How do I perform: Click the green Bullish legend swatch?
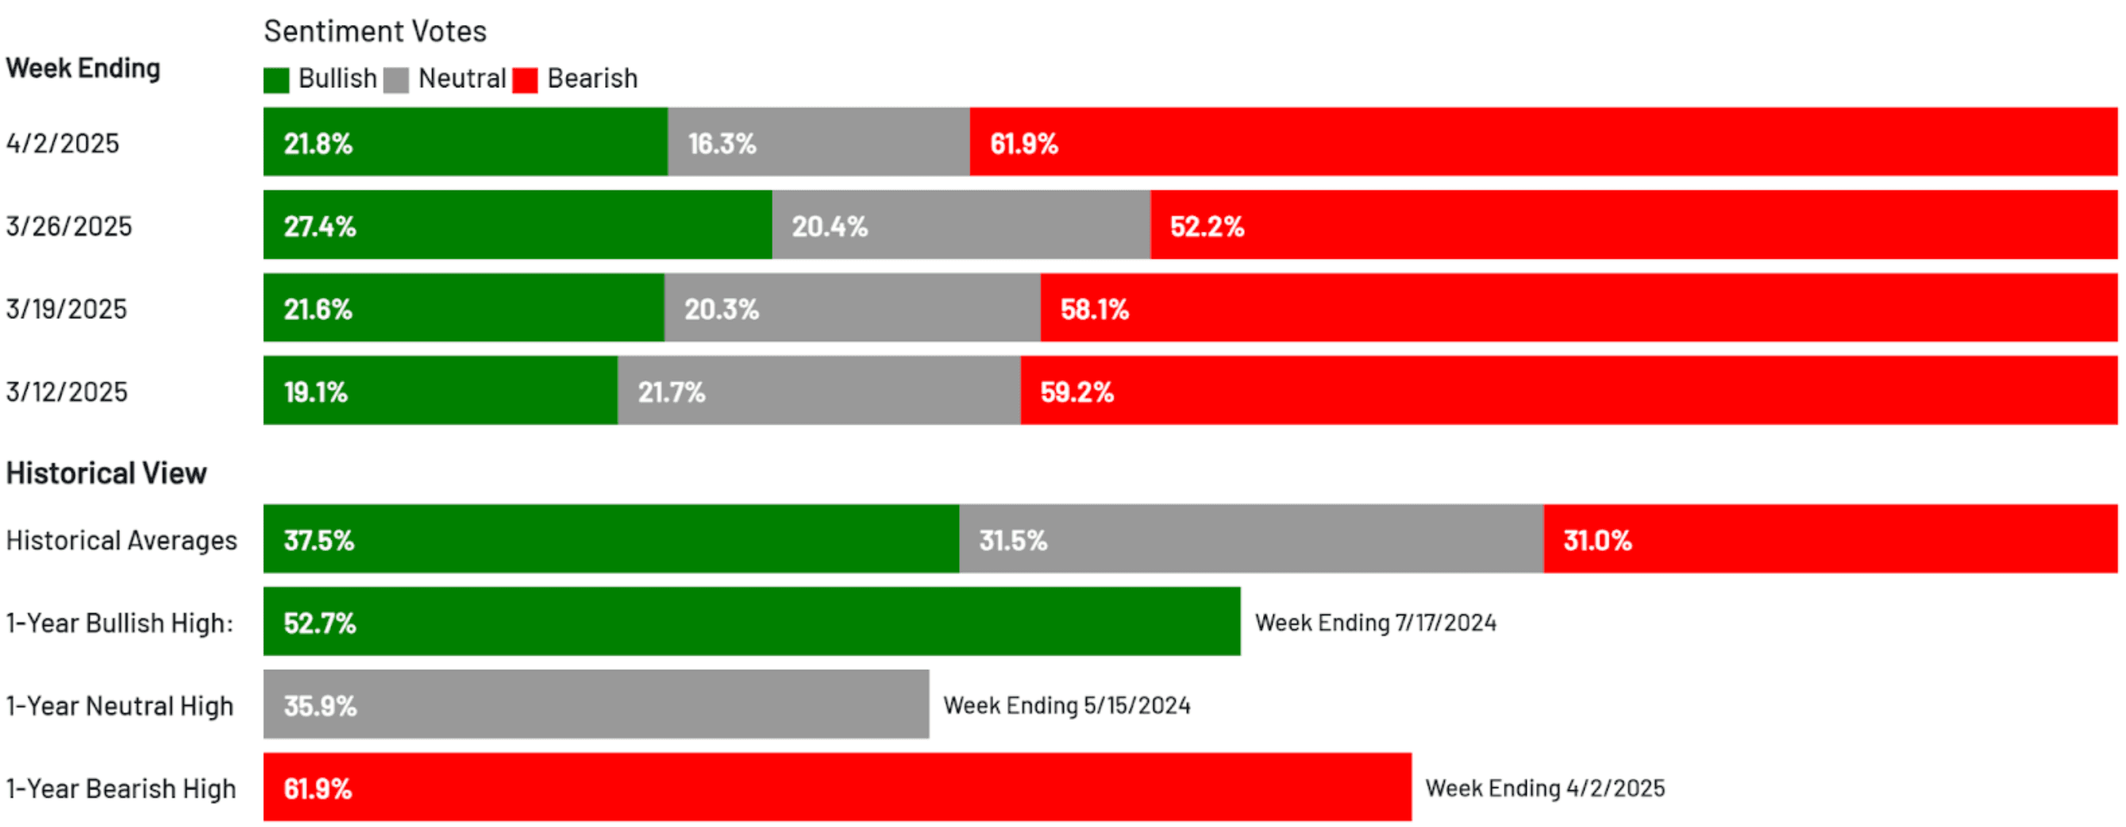pyautogui.click(x=275, y=80)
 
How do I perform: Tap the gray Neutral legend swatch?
pyautogui.click(x=396, y=80)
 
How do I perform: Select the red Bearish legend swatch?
pyautogui.click(x=525, y=80)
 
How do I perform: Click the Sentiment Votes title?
pyautogui.click(x=375, y=32)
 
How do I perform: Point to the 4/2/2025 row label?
pyautogui.click(x=63, y=144)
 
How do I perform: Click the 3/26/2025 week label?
pyautogui.click(x=68, y=226)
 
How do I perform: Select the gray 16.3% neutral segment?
pyautogui.click(x=818, y=142)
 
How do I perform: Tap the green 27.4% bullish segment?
pyautogui.click(x=518, y=225)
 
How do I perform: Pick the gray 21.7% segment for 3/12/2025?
pyautogui.click(x=818, y=391)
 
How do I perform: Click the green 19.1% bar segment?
pyautogui.click(x=440, y=391)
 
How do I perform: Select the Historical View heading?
pyautogui.click(x=106, y=473)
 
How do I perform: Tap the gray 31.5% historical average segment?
pyautogui.click(x=1250, y=540)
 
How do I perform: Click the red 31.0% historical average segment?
pyautogui.click(x=1830, y=540)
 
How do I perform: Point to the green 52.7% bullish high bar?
pyautogui.click(x=751, y=622)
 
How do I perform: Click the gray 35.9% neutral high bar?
pyautogui.click(x=596, y=705)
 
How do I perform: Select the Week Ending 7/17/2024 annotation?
pyautogui.click(x=1375, y=622)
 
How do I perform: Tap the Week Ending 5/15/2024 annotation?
pyautogui.click(x=1066, y=706)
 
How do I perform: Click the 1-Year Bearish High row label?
pyautogui.click(x=121, y=789)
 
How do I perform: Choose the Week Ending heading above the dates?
pyautogui.click(x=83, y=67)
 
